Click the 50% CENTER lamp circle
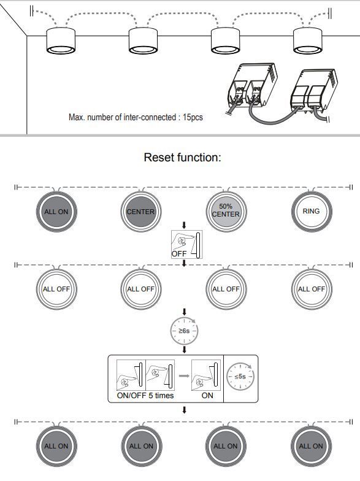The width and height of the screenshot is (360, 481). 226,212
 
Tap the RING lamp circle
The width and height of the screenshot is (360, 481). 312,212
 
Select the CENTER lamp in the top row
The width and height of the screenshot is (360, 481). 141,212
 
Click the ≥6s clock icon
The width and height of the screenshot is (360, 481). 184,331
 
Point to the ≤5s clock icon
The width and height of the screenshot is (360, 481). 240,377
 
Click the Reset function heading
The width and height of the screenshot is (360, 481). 183,157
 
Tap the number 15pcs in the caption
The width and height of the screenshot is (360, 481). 193,117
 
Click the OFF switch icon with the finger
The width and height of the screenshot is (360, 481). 186,244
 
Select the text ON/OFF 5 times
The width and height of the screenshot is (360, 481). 145,395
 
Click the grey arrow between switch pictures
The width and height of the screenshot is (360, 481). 184,375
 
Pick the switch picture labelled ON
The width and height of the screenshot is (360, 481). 206,375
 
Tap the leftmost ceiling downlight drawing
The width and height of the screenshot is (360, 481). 61,40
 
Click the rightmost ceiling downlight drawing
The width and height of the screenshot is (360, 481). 308,40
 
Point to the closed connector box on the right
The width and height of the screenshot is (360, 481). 314,91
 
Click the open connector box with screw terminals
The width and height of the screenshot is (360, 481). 252,86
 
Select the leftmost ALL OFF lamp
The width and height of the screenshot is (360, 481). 56,290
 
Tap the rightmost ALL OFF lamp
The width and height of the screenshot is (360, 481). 312,290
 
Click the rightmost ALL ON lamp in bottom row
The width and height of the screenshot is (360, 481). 312,447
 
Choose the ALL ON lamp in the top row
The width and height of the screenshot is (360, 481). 56,212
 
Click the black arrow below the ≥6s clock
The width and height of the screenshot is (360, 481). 184,350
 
